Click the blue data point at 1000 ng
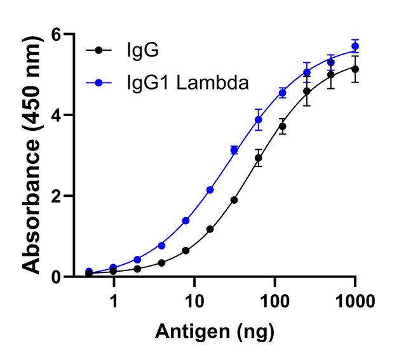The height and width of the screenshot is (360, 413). pyautogui.click(x=355, y=46)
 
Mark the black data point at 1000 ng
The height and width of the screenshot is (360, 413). pyautogui.click(x=355, y=69)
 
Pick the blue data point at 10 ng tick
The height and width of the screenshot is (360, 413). pyautogui.click(x=186, y=220)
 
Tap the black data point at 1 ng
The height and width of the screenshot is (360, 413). pyautogui.click(x=113, y=271)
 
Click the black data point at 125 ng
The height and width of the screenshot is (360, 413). pyautogui.click(x=282, y=126)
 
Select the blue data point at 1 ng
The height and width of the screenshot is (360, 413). pyautogui.click(x=113, y=267)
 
